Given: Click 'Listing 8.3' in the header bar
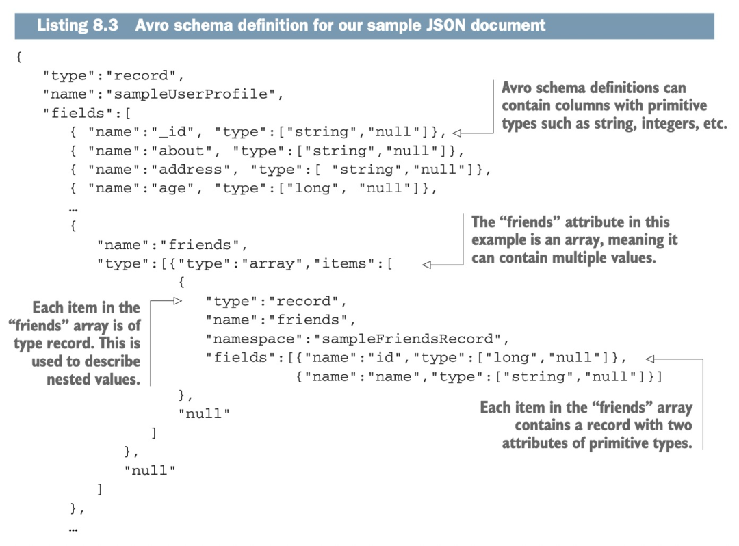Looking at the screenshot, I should coord(77,26).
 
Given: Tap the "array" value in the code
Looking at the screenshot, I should coord(276,263).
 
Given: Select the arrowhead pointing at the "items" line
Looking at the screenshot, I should coord(426,265).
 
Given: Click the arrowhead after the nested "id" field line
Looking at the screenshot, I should coord(649,358).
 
